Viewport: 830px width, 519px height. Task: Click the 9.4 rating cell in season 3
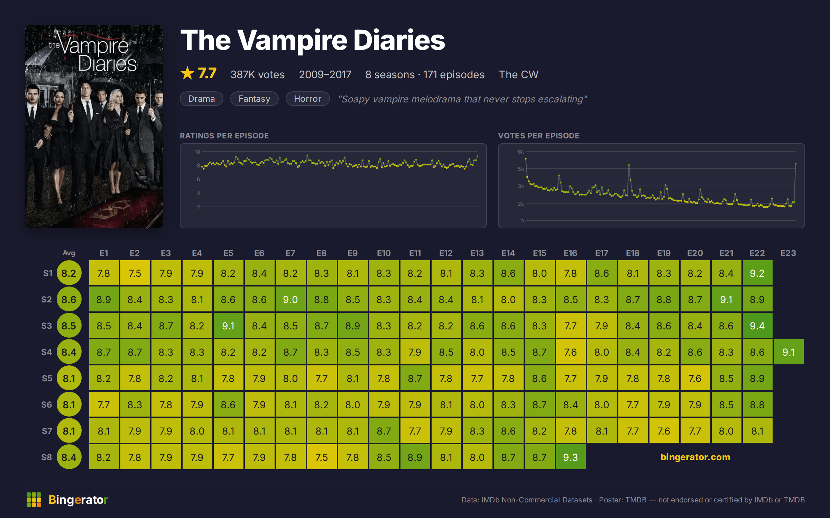pos(757,326)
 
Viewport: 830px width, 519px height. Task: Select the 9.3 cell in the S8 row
pos(571,457)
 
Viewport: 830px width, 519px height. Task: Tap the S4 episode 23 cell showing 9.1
pos(788,352)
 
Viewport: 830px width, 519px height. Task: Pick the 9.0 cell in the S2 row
pos(290,299)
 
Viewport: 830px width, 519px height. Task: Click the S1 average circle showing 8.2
pos(69,273)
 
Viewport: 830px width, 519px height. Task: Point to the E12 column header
pos(446,253)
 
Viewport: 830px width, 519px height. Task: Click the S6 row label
pos(46,404)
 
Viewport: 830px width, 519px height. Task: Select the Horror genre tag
pos(307,99)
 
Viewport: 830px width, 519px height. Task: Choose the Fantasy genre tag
pos(254,99)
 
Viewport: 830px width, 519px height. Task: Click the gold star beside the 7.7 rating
pos(187,73)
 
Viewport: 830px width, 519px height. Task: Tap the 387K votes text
pos(258,74)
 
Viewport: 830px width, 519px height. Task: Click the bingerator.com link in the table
pos(695,457)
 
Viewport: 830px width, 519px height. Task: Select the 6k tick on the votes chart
pos(521,152)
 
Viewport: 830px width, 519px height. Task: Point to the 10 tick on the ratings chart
pos(197,152)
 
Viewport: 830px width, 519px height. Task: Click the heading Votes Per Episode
pos(538,136)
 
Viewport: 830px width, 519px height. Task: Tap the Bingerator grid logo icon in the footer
pos(34,500)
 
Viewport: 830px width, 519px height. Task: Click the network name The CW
pos(518,74)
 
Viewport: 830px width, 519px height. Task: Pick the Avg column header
pos(69,253)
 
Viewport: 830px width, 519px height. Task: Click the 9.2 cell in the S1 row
pos(757,273)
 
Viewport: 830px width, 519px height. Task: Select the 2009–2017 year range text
pos(325,74)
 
